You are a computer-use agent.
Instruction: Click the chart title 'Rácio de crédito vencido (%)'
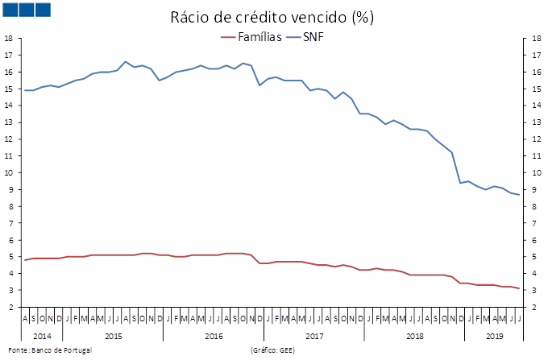[273, 17]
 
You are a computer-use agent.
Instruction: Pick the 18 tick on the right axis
[535, 38]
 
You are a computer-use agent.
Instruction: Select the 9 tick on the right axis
[533, 189]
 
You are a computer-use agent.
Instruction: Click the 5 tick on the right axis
[533, 257]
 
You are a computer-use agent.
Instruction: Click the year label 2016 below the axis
[214, 335]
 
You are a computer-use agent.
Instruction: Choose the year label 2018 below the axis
[415, 335]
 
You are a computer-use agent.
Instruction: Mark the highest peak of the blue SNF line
[125, 61]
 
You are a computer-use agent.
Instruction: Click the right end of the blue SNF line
[519, 194]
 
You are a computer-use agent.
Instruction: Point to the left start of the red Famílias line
[25, 259]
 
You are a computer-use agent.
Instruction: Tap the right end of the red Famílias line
[519, 288]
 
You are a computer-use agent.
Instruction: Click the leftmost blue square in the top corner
[11, 9]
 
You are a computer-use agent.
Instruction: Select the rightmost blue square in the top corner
[44, 9]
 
